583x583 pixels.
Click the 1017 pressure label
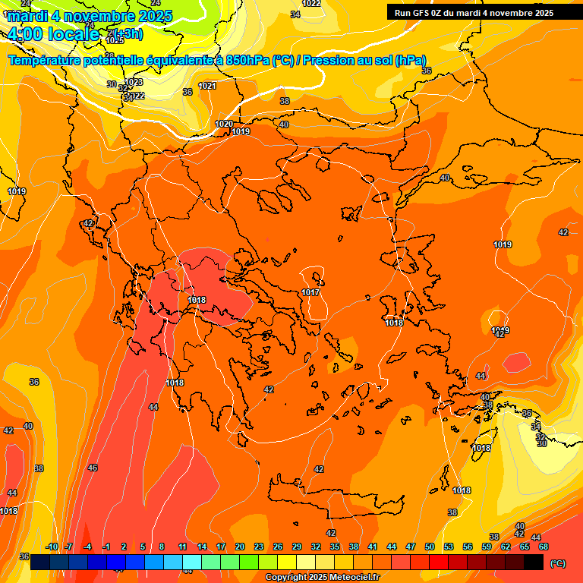click(x=310, y=292)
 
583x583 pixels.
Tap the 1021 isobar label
click(x=207, y=86)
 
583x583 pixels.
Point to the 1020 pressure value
click(x=224, y=124)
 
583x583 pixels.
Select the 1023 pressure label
click(x=134, y=82)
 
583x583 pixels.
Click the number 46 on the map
click(x=93, y=468)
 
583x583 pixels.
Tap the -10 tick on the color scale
click(x=52, y=547)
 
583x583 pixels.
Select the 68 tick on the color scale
click(x=544, y=547)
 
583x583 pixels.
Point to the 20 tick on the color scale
click(x=240, y=547)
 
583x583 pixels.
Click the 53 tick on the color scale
click(x=449, y=547)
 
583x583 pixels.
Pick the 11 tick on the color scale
click(x=183, y=547)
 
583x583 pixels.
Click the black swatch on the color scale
click(x=534, y=562)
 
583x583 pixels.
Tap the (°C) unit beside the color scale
click(x=557, y=563)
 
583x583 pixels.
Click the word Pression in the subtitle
click(x=329, y=61)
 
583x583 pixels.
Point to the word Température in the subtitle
click(x=46, y=61)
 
